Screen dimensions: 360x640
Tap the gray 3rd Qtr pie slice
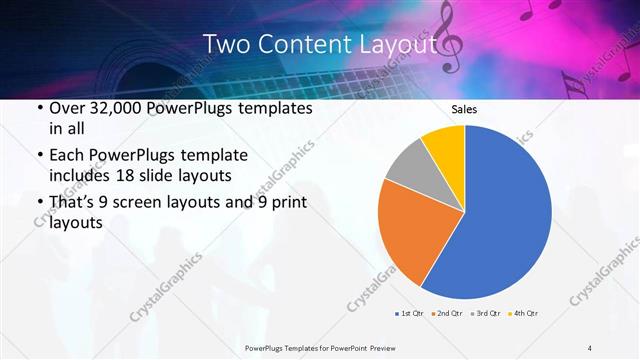pos(410,166)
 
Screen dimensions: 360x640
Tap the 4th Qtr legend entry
pos(525,314)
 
